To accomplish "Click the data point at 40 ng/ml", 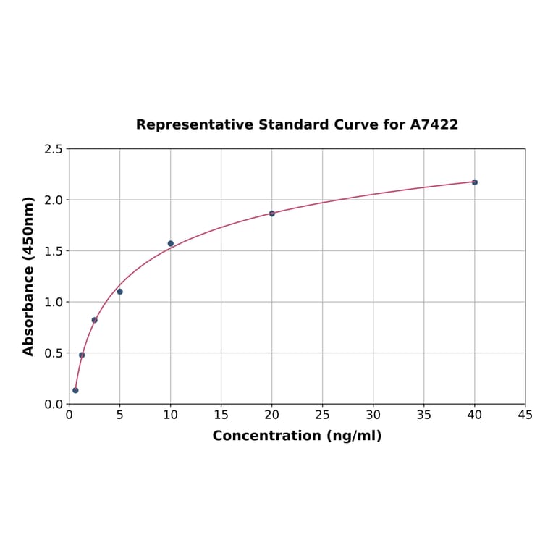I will (x=475, y=182).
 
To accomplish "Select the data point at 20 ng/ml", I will (x=272, y=214).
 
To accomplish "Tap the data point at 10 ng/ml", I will (x=171, y=244).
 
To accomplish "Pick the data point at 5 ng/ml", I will (x=120, y=292).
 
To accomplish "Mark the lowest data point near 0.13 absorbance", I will (x=75, y=390).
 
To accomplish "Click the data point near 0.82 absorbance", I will (x=95, y=320).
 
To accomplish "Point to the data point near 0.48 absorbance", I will (x=82, y=355).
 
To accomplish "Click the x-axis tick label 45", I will (x=525, y=415).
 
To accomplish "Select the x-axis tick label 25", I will (x=323, y=415).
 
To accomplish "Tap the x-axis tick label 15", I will (x=221, y=415).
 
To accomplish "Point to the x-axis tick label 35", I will (x=424, y=415).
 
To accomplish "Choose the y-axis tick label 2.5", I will (x=54, y=149).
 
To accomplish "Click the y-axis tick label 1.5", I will (x=54, y=251).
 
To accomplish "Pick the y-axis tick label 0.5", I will (x=54, y=353).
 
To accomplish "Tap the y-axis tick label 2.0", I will (x=54, y=200).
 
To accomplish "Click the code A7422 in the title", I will (x=434, y=124).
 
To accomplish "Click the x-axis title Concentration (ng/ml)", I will (x=297, y=436).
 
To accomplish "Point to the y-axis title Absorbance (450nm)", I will (x=29, y=276).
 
